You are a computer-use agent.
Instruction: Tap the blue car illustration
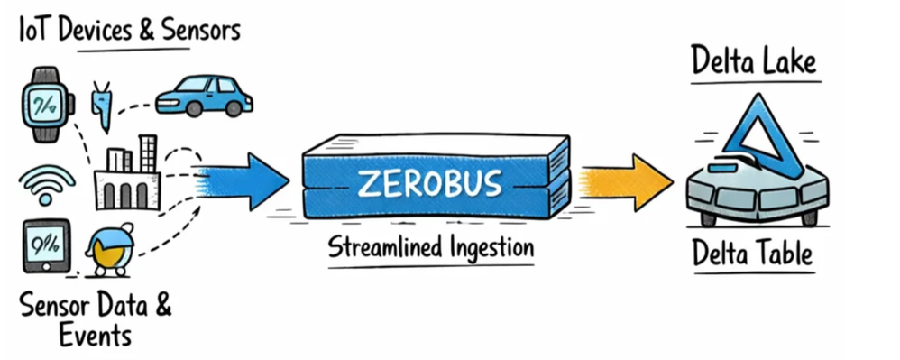[202, 96]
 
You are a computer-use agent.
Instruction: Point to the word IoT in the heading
[35, 31]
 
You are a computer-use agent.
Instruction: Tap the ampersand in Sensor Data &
[161, 305]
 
